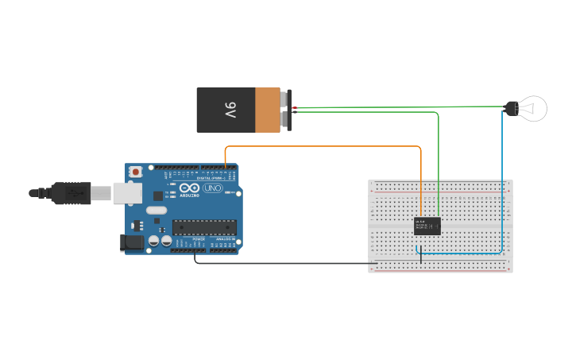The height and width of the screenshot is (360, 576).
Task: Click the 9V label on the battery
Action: click(x=230, y=110)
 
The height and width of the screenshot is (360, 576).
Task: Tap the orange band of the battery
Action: click(x=267, y=110)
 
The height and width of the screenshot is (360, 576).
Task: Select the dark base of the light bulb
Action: click(x=511, y=108)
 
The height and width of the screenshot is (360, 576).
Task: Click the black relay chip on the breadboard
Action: click(x=427, y=226)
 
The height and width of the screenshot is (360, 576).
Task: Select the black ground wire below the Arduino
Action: click(x=286, y=263)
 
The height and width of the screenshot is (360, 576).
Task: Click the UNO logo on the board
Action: click(x=213, y=189)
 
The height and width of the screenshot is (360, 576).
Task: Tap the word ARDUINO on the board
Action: click(x=189, y=195)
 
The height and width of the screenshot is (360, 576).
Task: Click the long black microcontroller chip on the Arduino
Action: click(x=205, y=227)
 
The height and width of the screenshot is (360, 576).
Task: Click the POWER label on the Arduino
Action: click(x=199, y=238)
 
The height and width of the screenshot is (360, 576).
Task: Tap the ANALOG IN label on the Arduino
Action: click(x=226, y=238)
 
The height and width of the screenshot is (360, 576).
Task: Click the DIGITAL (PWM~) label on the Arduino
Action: click(x=208, y=177)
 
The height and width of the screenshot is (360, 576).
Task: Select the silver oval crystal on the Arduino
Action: click(x=157, y=211)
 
